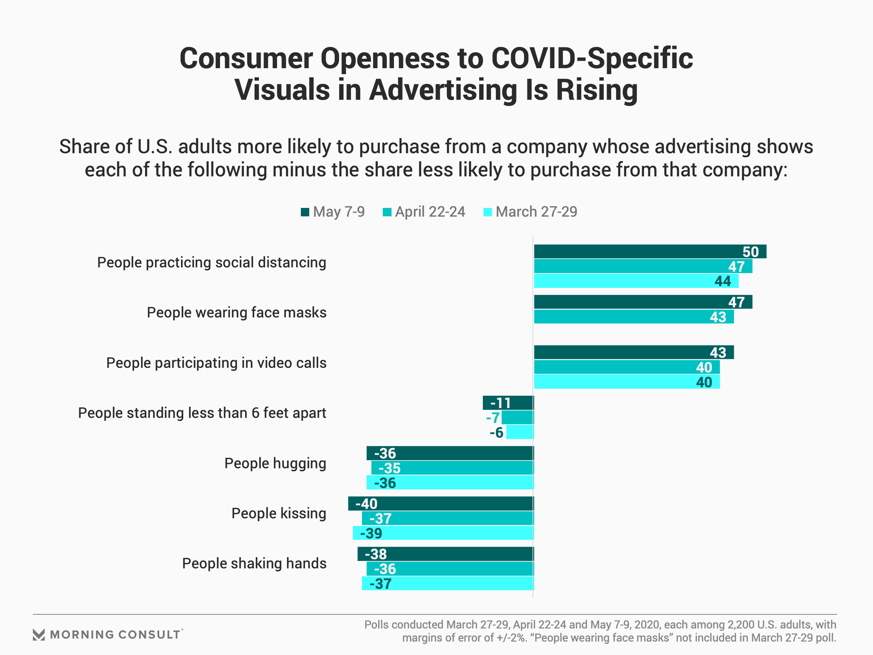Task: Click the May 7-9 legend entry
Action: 333,212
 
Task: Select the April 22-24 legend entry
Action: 424,212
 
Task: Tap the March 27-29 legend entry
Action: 530,212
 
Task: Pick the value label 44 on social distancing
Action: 722,282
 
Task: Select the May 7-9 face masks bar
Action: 642,302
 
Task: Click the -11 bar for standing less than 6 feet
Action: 508,403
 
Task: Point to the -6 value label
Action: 497,433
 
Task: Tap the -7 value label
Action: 493,418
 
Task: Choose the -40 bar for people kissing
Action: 441,504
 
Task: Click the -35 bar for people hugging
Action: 452,468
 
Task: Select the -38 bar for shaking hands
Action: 445,554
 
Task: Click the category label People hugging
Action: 275,464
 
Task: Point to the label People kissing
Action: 279,514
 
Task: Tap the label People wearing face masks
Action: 236,313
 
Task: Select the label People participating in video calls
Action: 216,363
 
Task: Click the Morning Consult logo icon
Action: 39,635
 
